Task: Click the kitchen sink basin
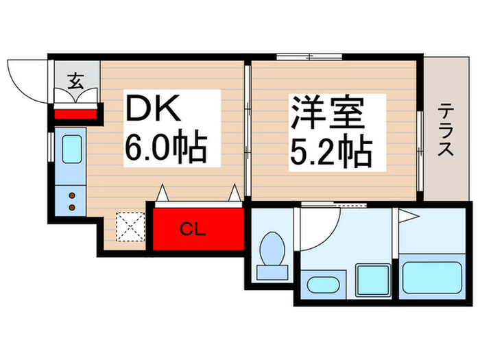pos(72,149)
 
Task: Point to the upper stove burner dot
pos(72,196)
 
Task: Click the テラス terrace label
pos(446,130)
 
